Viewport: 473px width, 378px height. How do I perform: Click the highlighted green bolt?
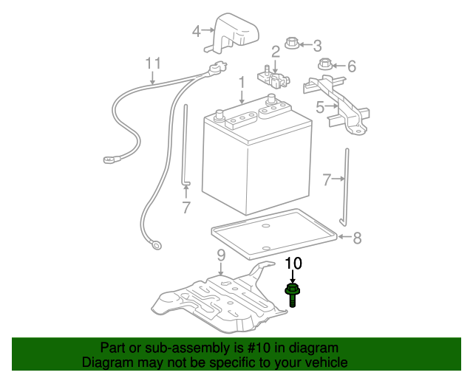[x=292, y=295]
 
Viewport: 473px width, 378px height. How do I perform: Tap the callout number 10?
[x=293, y=263]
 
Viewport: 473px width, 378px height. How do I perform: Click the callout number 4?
[x=197, y=31]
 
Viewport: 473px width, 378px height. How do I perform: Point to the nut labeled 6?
[x=325, y=63]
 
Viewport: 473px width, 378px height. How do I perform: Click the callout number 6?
[x=352, y=66]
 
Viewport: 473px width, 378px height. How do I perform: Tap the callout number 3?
[x=317, y=46]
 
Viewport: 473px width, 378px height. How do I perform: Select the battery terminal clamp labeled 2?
[x=273, y=78]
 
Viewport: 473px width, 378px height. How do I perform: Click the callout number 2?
[x=276, y=52]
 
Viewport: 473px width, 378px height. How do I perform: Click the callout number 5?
[x=320, y=107]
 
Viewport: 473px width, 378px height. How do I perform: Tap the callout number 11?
[x=153, y=63]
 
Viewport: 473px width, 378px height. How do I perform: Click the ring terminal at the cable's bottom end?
[x=157, y=245]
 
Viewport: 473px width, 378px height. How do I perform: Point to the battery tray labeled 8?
[x=274, y=233]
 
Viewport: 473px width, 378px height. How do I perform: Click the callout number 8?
[x=357, y=238]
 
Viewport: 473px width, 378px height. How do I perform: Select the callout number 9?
[x=221, y=255]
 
